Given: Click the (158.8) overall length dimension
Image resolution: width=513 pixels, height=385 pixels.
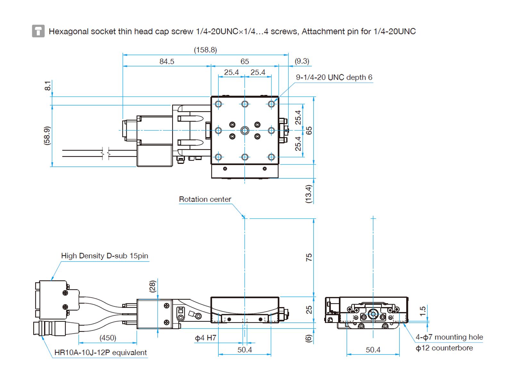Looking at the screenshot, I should coord(205,50).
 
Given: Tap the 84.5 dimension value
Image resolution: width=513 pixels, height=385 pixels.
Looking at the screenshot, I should coord(167,61).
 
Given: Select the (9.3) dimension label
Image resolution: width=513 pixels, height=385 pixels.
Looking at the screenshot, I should coord(302,61).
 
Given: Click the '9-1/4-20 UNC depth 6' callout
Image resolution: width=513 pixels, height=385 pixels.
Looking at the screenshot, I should coord(334,77).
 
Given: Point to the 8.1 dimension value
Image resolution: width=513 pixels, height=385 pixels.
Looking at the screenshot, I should coord(47,86).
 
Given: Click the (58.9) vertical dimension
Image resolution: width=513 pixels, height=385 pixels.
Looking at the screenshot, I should coord(47,135).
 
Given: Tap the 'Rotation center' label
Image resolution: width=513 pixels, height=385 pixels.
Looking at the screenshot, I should coord(205,199).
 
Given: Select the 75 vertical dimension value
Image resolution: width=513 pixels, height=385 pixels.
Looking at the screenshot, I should coord(309,257).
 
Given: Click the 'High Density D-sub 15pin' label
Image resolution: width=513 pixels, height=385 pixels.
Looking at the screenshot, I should coord(105,256).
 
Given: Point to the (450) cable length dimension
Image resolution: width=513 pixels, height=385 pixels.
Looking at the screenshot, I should coord(108,338).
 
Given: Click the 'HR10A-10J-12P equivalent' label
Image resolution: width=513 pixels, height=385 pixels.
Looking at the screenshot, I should coord(100,353).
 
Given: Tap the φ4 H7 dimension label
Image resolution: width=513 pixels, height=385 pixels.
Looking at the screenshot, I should coord(206,338).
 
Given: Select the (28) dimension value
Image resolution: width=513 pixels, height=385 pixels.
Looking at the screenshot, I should coord(153,286).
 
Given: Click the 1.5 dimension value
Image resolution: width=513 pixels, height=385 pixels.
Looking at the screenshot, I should coord(423,311).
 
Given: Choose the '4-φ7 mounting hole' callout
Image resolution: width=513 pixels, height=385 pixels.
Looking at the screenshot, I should coord(449,337).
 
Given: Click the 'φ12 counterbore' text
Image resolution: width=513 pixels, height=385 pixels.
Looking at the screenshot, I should coord(444,348).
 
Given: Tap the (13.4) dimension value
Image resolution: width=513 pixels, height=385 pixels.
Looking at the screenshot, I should coord(308,194).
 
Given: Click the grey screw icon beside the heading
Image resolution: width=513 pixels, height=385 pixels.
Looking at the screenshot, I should coord(38,31).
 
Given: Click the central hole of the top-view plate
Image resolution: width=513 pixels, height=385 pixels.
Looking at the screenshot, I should coord(245,130).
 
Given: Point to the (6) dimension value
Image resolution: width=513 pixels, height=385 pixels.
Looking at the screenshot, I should coord(308,338).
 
